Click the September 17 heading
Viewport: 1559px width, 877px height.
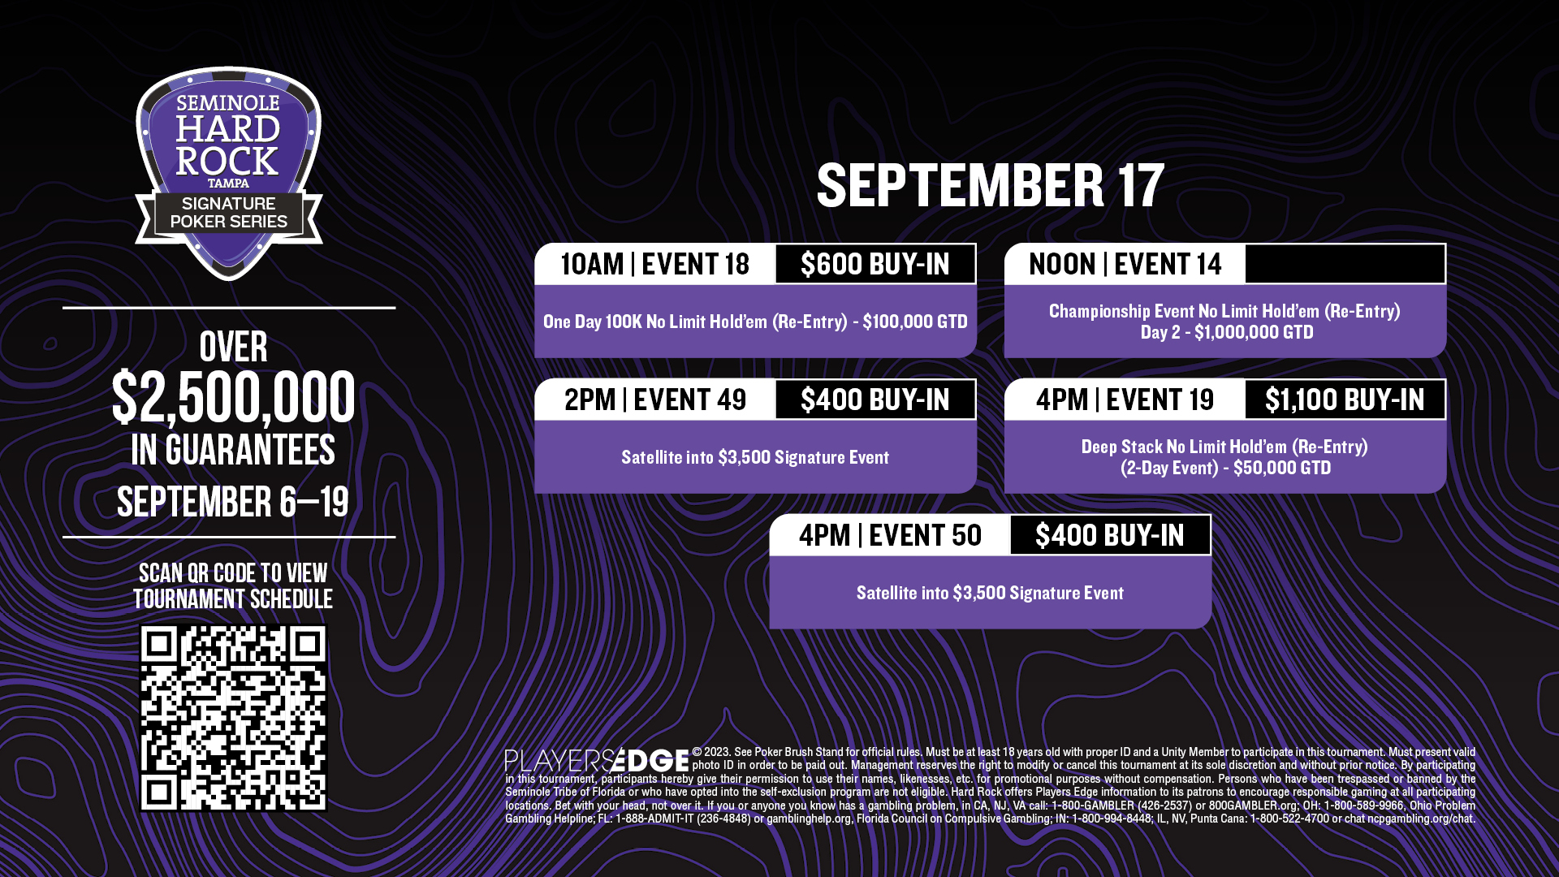(990, 185)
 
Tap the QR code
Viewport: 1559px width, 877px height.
(233, 717)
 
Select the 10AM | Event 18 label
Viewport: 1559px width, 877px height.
(655, 264)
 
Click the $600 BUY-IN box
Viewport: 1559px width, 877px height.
(875, 264)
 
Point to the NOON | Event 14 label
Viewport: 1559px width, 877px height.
(1125, 264)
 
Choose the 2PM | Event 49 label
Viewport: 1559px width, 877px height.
(655, 400)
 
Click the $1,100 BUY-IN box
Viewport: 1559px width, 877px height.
(1345, 400)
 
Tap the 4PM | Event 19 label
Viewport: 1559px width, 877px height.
(1125, 400)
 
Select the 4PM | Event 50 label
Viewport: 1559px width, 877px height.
(890, 535)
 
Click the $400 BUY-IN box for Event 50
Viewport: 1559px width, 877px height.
(1110, 535)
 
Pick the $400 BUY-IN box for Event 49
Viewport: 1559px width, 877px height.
(875, 400)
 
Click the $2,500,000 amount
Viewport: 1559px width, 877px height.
(233, 398)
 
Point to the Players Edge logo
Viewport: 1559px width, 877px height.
(597, 760)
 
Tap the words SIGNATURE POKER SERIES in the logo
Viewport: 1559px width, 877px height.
(228, 213)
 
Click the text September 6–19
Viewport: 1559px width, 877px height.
(233, 502)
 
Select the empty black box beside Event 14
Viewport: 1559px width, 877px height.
(1345, 264)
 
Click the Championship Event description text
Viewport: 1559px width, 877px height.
(1224, 322)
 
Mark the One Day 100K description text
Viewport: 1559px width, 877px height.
(755, 322)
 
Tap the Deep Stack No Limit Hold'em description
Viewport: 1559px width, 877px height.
(1224, 457)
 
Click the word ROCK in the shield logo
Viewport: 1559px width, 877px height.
(227, 162)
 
